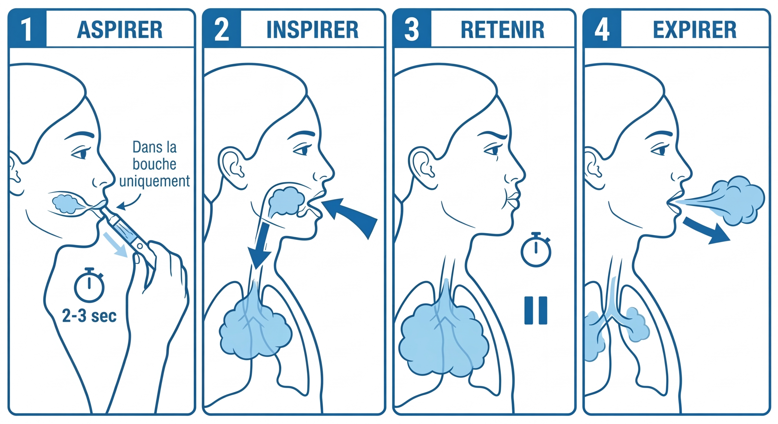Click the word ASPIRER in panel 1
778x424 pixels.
coord(120,30)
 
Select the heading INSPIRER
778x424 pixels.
coord(312,30)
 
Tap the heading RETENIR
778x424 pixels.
coord(503,30)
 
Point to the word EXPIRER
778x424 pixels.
coord(695,30)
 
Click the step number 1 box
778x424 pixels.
coord(27,29)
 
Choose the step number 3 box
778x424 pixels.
coord(412,29)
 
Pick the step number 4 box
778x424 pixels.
coord(602,29)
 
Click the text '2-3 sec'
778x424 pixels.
coord(90,316)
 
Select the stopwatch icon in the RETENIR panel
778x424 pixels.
coord(536,250)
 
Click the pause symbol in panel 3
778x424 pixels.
coord(536,310)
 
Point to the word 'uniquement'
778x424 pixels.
coord(155,181)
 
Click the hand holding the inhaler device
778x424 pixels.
coord(160,281)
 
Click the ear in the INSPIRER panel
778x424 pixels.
coord(233,168)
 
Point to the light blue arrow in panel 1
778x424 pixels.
coord(115,245)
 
